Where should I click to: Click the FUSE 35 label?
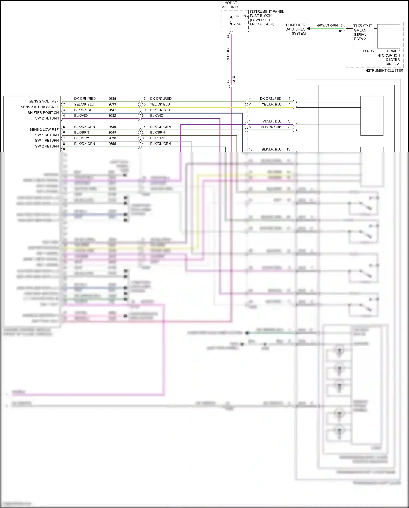240,16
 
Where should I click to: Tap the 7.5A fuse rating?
237,24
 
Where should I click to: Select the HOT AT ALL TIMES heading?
231,5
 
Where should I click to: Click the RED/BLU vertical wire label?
228,54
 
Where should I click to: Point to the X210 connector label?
234,80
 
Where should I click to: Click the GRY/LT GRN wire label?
327,25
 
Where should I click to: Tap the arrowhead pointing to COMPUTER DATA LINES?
308,28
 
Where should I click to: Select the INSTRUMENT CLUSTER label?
384,70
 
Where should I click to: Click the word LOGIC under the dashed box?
368,51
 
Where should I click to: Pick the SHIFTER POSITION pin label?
43,112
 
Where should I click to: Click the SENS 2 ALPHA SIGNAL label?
40,107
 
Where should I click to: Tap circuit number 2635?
112,99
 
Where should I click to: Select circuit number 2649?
112,132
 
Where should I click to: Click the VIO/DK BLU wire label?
272,121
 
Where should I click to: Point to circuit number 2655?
112,144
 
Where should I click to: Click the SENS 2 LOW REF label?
44,129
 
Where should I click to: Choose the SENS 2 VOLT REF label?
44,101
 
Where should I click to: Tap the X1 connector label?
341,31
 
